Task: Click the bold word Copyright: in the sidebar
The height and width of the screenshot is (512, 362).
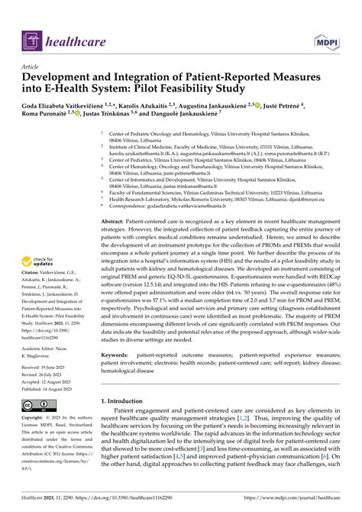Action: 31,419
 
